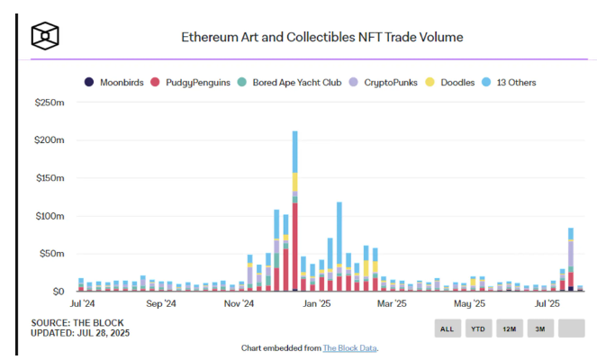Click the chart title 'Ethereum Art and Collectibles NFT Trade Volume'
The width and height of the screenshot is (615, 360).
pyautogui.click(x=322, y=38)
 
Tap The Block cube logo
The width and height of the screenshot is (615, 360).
pyautogui.click(x=45, y=36)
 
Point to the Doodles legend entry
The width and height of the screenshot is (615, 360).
pyautogui.click(x=458, y=82)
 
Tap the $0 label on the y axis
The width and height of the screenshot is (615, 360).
pyautogui.click(x=57, y=292)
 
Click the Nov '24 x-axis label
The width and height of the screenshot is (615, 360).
pyautogui.click(x=238, y=304)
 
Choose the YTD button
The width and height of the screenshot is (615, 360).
pyautogui.click(x=477, y=328)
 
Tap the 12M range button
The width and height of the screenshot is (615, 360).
pyautogui.click(x=509, y=328)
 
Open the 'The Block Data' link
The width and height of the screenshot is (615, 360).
pyautogui.click(x=350, y=347)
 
